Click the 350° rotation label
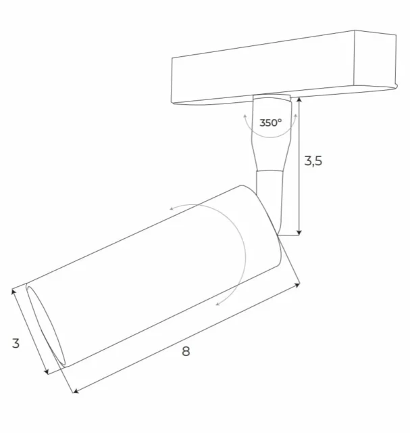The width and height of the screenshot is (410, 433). (270, 123)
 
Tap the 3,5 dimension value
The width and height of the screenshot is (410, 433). (313, 161)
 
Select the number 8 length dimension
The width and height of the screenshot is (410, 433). (186, 350)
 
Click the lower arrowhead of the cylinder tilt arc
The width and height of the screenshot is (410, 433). (217, 304)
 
